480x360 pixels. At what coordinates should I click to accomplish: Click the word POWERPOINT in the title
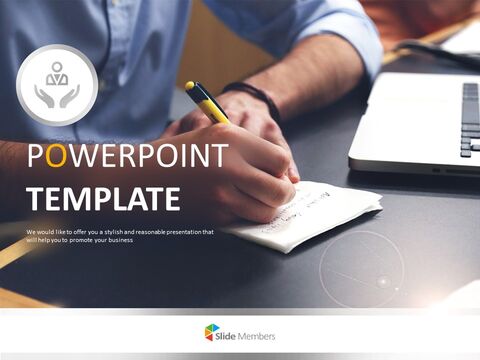click(128, 158)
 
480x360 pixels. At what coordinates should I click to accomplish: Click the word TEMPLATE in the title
click(104, 198)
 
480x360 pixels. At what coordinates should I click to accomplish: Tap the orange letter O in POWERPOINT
click(57, 158)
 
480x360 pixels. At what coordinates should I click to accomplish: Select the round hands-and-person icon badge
click(57, 85)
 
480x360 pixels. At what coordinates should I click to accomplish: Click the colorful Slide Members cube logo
click(212, 332)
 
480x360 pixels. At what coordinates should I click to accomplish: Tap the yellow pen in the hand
click(206, 101)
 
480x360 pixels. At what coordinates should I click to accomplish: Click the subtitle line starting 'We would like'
click(120, 232)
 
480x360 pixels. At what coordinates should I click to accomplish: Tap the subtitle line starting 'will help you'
click(100, 241)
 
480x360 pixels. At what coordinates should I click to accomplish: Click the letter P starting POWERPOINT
click(34, 158)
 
